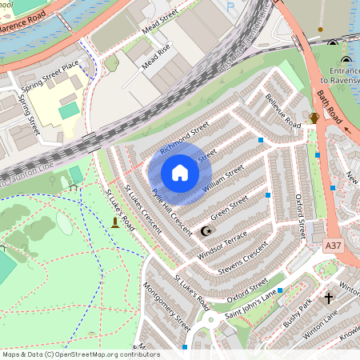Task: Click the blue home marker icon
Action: (x=180, y=173)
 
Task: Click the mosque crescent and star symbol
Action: (x=207, y=231)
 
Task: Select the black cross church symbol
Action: (x=329, y=298)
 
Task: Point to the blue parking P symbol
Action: (x=231, y=6)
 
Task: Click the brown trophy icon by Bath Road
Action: (x=314, y=118)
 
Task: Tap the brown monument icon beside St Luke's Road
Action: (x=115, y=222)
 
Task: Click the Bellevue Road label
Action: (x=282, y=112)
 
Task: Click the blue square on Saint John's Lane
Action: (x=280, y=291)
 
